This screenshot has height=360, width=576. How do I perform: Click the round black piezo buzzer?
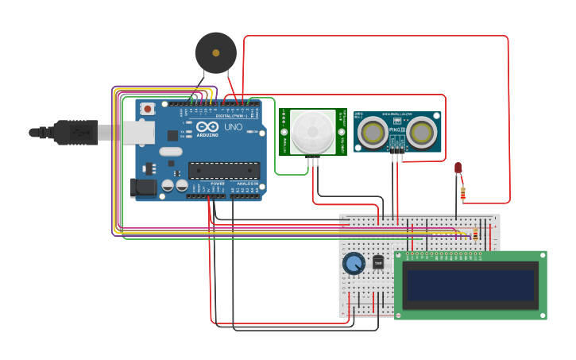[215, 52]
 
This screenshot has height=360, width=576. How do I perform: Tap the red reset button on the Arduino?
[147, 109]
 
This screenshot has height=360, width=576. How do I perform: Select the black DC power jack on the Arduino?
[143, 188]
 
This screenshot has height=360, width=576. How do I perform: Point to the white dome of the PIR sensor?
[312, 132]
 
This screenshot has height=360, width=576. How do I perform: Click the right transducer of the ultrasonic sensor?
[422, 134]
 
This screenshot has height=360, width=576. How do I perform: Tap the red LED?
[458, 168]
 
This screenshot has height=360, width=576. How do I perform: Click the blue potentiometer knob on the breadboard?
[354, 263]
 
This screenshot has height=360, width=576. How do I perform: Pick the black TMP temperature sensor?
[378, 261]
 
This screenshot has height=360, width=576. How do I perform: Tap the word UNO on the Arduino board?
[233, 127]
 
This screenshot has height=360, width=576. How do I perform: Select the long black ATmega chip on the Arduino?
[223, 170]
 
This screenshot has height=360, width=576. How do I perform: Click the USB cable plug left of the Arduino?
[75, 132]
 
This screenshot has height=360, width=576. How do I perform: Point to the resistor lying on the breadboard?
[475, 234]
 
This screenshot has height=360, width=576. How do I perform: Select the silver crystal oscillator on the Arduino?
[170, 151]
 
